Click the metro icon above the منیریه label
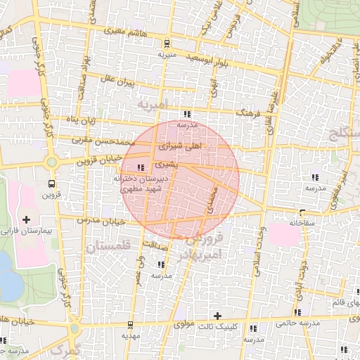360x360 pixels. click(x=166, y=42)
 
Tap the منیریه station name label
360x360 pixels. click(x=166, y=53)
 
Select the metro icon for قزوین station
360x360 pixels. click(x=51, y=184)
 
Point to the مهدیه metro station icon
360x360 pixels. click(x=131, y=323)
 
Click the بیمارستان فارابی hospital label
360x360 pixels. click(x=26, y=231)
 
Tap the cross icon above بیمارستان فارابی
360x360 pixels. click(x=27, y=220)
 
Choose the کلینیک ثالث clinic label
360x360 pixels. click(x=217, y=327)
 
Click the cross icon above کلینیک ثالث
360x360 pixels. click(x=217, y=316)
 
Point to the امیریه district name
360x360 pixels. click(x=153, y=105)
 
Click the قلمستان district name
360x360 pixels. click(x=108, y=247)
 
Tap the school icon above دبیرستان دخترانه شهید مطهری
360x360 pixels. click(x=141, y=167)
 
